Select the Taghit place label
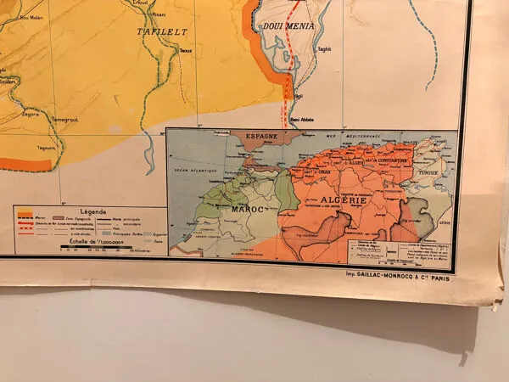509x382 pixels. (324, 49)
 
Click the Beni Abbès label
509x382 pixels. (302, 120)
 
